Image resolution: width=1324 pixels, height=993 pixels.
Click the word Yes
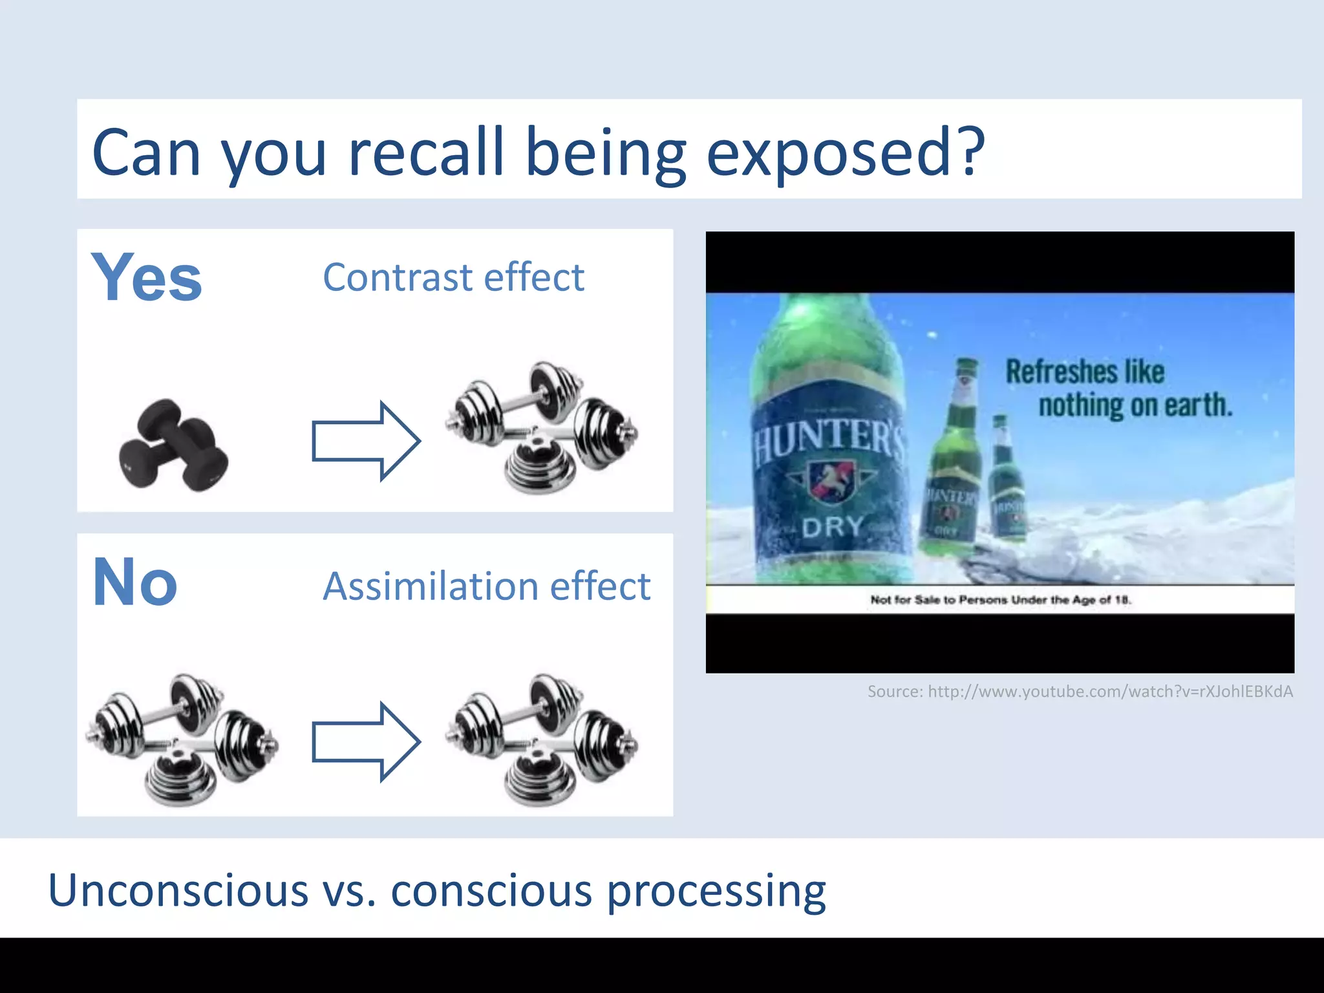point(147,278)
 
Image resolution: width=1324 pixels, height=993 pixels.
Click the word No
point(135,582)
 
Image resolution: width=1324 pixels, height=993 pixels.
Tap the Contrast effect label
point(453,277)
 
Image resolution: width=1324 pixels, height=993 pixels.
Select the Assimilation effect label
point(486,586)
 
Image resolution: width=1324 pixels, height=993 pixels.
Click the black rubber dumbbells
point(173,445)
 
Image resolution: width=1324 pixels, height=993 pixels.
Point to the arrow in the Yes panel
point(366,441)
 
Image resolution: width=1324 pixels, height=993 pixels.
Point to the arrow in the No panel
point(366,742)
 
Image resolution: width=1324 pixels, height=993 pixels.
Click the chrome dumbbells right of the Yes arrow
point(542,427)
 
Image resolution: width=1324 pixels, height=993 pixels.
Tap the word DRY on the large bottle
point(833,527)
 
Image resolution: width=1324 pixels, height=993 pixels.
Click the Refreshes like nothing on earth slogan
point(1118,389)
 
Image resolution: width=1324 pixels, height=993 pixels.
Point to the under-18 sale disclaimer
point(1001,600)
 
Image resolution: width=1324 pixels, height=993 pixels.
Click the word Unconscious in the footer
point(178,890)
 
